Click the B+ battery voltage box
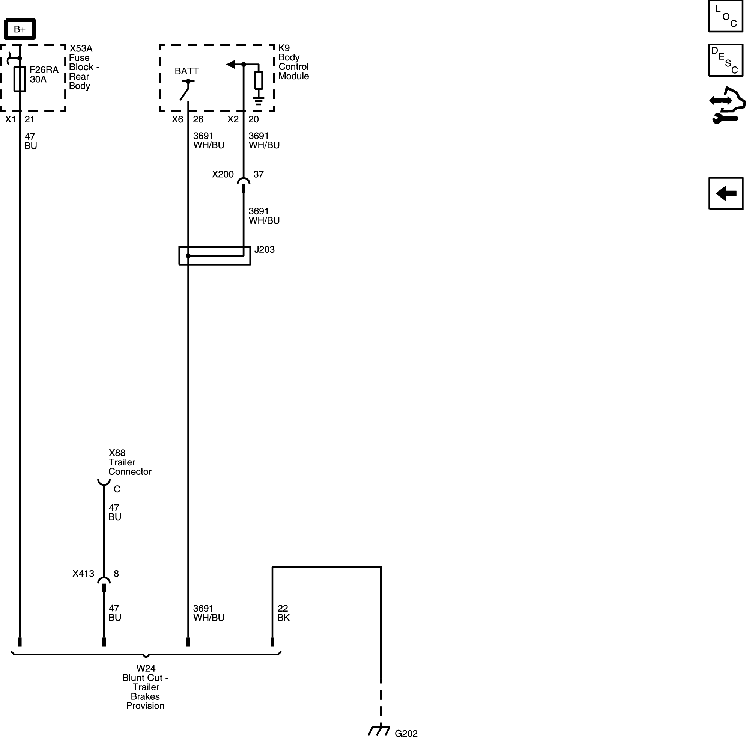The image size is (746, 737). coord(20,29)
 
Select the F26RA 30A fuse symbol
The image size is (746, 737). coord(20,79)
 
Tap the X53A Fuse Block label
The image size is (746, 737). coord(84,67)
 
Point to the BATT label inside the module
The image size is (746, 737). coord(186,71)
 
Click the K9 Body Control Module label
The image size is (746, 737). coord(293,62)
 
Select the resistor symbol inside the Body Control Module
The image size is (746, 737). coord(259,80)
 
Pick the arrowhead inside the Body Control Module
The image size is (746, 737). coord(230,64)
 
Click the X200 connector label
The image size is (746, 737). coord(223,174)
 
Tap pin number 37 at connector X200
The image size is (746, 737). coord(259,174)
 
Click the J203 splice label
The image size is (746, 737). coord(265,250)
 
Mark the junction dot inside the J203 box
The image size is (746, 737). coord(188,255)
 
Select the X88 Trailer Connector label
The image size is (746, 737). coord(130,462)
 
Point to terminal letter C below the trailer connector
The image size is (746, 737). coord(117,489)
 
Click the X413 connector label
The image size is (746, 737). coord(83,574)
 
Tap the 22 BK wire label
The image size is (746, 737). coord(283,613)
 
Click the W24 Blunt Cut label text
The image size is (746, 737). coord(146,687)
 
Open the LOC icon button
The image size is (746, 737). coord(726,16)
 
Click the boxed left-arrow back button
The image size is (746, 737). coord(726,193)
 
